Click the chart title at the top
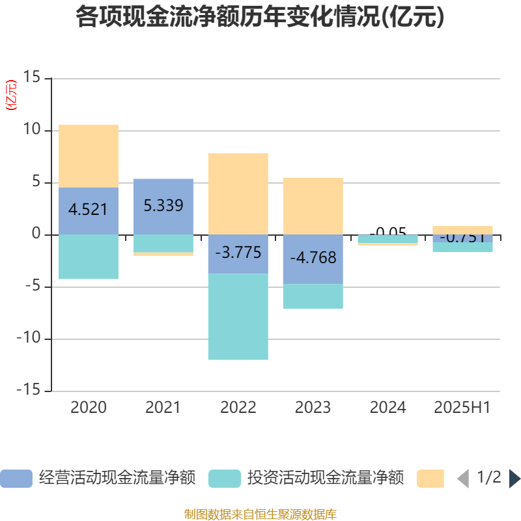[260, 18]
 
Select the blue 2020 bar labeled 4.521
[89, 210]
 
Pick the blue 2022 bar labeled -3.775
[238, 253]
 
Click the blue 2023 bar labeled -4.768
[313, 259]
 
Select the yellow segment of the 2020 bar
[89, 156]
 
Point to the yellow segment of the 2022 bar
[238, 193]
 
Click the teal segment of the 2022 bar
[238, 317]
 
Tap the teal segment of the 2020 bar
[89, 257]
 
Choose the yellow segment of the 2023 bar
[313, 206]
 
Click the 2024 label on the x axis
[387, 408]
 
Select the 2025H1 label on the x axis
[462, 408]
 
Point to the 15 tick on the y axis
[32, 78]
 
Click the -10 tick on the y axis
[29, 339]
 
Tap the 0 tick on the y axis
[36, 234]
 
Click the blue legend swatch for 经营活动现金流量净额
[16, 479]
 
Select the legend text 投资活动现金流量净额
[325, 479]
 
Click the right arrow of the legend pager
[514, 479]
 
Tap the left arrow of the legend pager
[463, 479]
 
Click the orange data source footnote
[260, 514]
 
